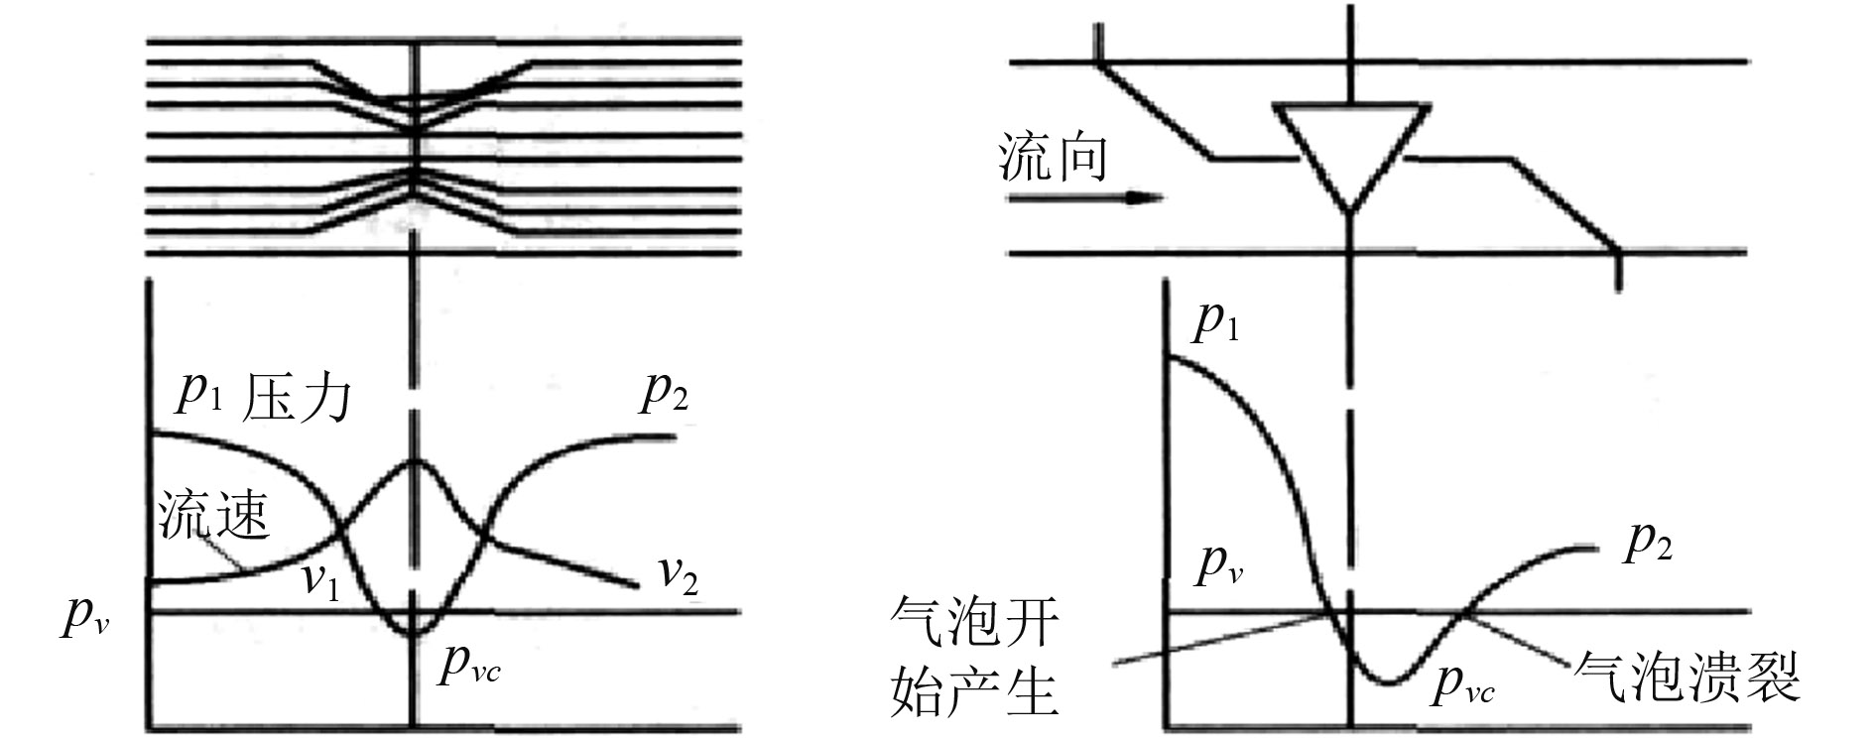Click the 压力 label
tap(297, 397)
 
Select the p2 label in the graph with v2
tap(664, 392)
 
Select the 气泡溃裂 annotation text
tap(1687, 677)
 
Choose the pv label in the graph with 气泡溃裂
tap(1219, 563)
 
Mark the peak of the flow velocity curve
tap(415, 460)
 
